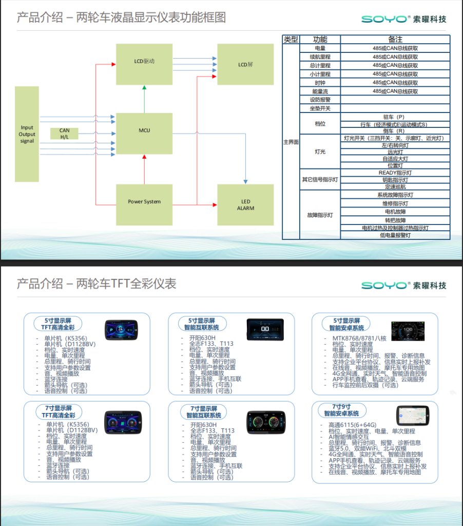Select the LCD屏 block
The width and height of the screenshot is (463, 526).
point(245,64)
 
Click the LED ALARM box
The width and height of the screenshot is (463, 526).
point(245,204)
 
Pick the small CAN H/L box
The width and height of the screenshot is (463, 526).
point(65,134)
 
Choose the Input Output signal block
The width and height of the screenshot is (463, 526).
point(27,134)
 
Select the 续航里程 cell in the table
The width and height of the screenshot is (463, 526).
point(320,57)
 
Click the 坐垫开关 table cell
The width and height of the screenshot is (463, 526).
point(320,108)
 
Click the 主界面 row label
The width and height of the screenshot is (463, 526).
point(291,142)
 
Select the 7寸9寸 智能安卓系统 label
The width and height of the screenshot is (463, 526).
point(342,410)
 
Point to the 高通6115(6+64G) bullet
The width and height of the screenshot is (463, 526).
point(352,425)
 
